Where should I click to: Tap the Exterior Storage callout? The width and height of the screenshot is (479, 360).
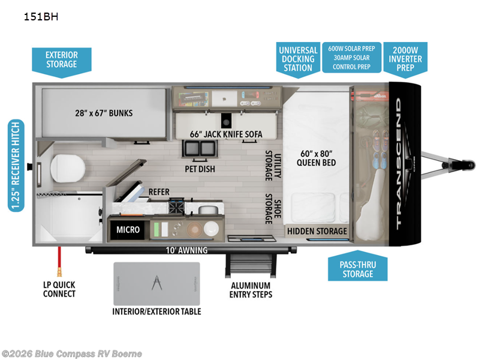click(x=61, y=59)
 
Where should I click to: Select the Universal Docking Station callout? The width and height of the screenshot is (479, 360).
click(x=298, y=58)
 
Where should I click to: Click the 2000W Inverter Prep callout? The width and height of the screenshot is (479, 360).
click(x=405, y=59)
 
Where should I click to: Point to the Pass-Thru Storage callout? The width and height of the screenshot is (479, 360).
click(x=357, y=268)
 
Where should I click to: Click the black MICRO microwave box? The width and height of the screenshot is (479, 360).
click(x=128, y=229)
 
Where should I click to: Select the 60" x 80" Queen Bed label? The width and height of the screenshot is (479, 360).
click(x=317, y=157)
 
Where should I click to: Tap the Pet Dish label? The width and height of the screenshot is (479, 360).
click(x=199, y=169)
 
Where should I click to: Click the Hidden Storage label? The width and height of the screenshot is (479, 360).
click(x=317, y=231)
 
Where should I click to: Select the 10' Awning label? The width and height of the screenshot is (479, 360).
click(x=188, y=250)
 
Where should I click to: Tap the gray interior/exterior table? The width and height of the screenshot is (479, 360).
click(x=156, y=283)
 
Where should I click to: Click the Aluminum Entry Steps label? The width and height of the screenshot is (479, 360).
click(x=251, y=290)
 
